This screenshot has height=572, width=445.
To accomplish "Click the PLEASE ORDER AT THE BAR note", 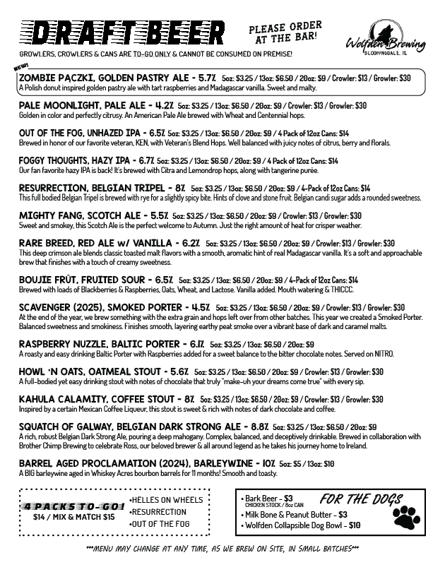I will coord(285,30).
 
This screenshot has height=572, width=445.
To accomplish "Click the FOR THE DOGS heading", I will coord(360,498).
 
